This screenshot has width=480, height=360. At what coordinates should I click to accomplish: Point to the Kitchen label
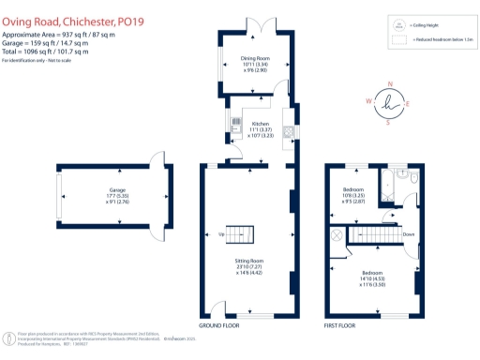click(x=262, y=130)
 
